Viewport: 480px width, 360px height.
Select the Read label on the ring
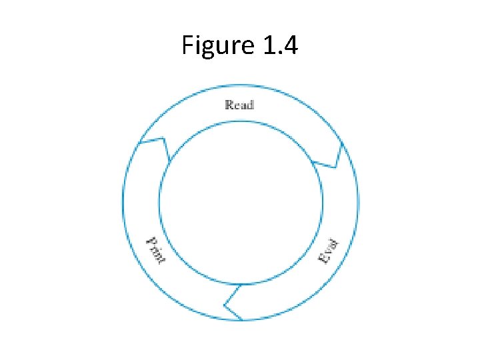(239, 104)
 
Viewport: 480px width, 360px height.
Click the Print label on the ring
(155, 250)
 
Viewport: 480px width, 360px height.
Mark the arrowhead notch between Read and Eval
(331, 157)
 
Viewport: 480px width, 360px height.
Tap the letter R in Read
(229, 104)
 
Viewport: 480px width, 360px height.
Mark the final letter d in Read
(250, 104)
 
